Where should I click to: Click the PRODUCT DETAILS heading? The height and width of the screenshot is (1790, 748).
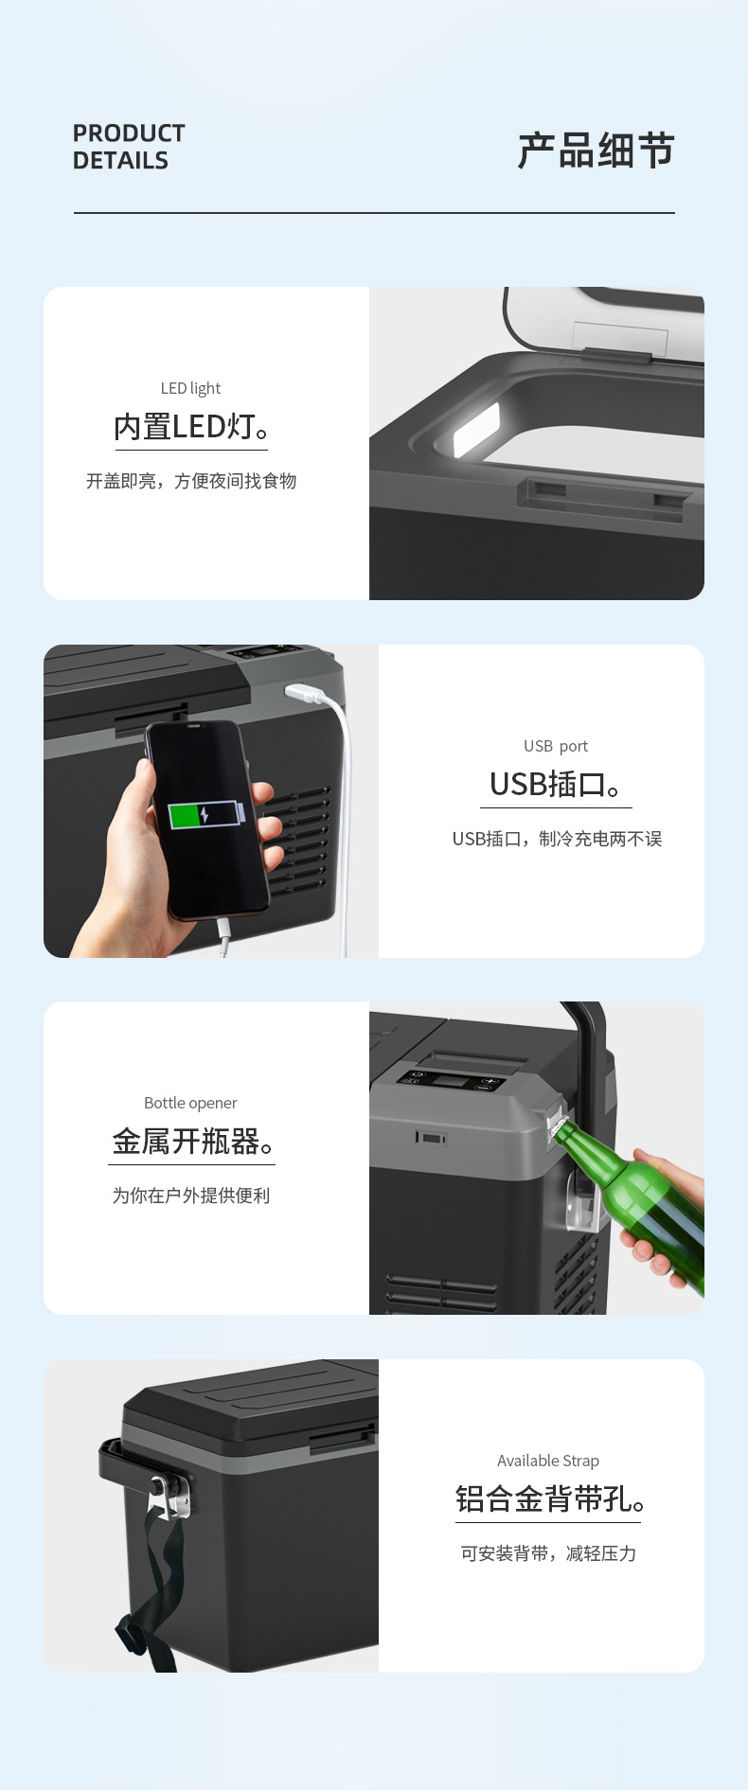click(x=129, y=147)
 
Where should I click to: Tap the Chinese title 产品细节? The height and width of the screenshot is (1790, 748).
click(x=596, y=151)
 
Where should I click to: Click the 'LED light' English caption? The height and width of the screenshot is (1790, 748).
click(x=190, y=388)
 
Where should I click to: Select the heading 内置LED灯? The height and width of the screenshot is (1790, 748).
click(x=191, y=427)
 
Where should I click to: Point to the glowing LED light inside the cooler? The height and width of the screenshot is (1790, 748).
click(x=476, y=430)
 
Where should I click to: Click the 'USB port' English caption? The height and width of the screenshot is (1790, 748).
click(x=556, y=746)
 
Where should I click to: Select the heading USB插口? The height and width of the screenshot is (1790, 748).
click(x=556, y=785)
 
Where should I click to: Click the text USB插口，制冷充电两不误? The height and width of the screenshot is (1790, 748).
click(x=557, y=839)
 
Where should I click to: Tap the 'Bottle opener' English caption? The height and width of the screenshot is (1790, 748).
click(x=190, y=1103)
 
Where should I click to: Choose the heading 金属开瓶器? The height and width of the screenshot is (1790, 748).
click(x=193, y=1142)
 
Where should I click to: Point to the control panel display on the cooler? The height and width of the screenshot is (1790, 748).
click(x=451, y=1081)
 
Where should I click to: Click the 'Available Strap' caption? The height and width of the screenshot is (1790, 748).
click(x=548, y=1461)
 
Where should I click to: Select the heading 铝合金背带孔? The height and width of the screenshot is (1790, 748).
click(x=550, y=1499)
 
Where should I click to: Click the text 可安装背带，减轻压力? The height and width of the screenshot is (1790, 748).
click(x=548, y=1553)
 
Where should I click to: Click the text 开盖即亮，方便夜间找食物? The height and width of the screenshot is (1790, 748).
click(x=191, y=481)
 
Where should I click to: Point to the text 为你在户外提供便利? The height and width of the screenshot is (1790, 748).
click(x=191, y=1196)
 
